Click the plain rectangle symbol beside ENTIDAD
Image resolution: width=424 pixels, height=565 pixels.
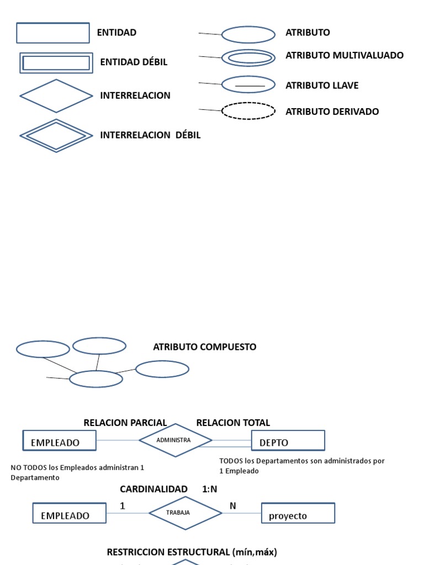tap(53, 33)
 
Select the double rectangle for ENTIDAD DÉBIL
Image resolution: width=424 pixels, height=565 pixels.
tap(56, 63)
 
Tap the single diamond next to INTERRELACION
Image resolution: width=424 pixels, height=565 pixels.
tap(56, 96)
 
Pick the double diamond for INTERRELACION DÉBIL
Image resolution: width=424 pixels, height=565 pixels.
tap(56, 135)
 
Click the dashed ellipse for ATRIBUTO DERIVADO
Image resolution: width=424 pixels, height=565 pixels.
tap(248, 111)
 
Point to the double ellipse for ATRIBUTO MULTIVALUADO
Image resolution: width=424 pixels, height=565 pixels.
tap(248, 57)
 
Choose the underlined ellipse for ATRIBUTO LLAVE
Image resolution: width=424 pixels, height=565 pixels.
tap(248, 84)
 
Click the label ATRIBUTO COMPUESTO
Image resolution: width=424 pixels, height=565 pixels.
tap(204, 347)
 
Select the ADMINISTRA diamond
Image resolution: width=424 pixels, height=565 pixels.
tap(174, 440)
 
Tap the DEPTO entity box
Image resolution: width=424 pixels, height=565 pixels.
tap(288, 441)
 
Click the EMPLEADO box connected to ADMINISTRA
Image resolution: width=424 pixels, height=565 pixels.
tap(59, 441)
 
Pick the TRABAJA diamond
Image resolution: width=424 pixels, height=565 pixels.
tap(185, 513)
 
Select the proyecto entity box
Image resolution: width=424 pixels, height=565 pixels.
tap(298, 513)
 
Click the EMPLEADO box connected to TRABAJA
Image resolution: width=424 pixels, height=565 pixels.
tap(70, 513)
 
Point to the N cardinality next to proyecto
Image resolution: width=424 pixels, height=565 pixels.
tap(232, 505)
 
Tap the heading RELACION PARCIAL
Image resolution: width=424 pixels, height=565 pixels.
tap(125, 423)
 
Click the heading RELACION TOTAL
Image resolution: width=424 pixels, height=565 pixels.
tap(233, 423)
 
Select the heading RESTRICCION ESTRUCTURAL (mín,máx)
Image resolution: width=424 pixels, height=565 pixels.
tap(192, 552)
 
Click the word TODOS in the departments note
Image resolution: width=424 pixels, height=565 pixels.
tap(231, 461)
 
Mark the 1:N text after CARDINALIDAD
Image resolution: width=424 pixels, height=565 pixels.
tap(210, 489)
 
